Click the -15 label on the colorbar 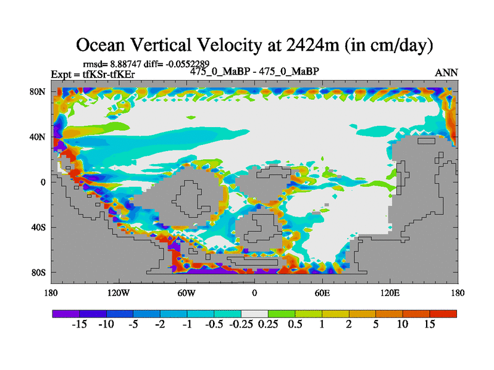[x=80, y=324]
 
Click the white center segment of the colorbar [x=254, y=314]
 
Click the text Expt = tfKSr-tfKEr [x=93, y=75]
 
